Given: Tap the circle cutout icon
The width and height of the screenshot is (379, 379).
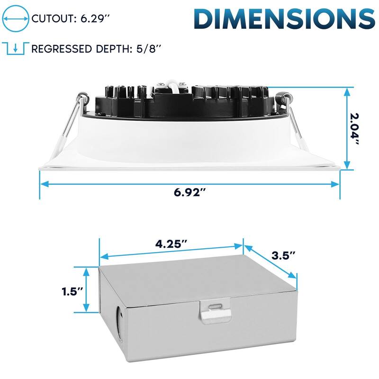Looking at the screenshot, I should (16, 19).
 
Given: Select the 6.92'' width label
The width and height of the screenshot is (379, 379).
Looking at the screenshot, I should (189, 193).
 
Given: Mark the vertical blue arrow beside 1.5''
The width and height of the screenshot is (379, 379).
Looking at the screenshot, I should (86, 290).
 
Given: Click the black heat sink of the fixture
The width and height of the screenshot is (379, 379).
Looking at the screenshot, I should (180, 102).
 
